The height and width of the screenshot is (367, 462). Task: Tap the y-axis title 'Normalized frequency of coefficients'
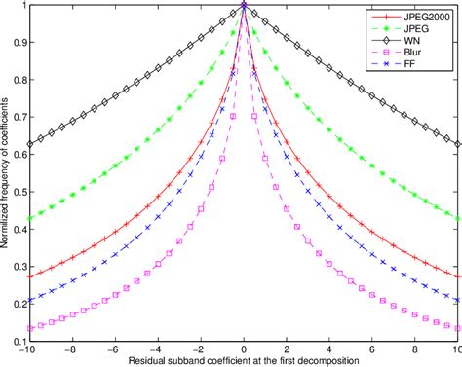(7, 173)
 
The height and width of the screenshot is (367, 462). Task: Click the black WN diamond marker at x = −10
(31, 144)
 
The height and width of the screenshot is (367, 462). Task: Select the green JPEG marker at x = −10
(31, 218)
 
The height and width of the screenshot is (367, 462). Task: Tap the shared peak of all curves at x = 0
(244, 5)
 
